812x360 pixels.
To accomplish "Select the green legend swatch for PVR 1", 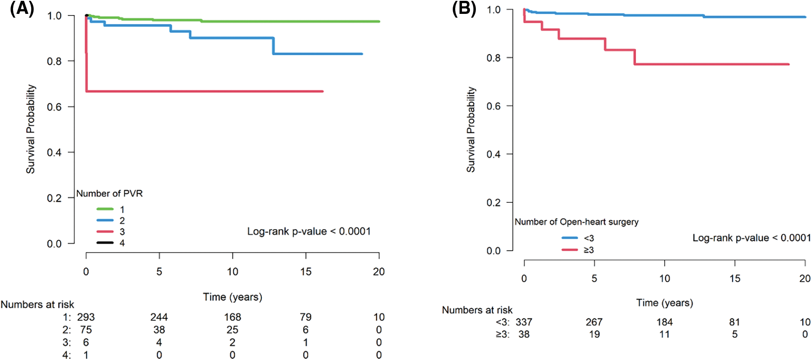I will tap(105, 209).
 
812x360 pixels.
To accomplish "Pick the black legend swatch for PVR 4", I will tap(105, 243).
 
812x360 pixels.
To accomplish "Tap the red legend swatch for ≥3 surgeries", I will tap(570, 250).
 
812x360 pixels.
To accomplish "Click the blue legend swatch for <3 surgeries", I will tap(570, 238).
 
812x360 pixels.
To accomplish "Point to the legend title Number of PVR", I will tap(109, 193).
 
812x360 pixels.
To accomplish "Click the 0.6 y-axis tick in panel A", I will tap(54, 107).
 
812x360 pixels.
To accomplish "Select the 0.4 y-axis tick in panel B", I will tap(494, 154).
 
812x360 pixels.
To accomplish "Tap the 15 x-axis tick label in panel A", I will tap(306, 272).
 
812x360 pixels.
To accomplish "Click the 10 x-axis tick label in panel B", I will tap(664, 278).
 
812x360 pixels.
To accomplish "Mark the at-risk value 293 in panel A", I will tap(86, 317).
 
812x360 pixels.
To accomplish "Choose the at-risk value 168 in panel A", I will tap(232, 317).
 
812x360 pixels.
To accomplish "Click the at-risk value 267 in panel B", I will tap(594, 322).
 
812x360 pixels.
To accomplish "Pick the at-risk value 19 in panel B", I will tap(594, 334).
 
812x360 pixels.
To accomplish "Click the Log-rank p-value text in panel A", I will tap(309, 231).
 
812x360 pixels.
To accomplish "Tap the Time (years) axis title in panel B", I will tap(664, 303).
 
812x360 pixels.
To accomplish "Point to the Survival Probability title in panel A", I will tap(31, 129).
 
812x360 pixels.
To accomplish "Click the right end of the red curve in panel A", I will tap(322, 91).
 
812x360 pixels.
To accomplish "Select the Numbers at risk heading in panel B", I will tap(477, 310).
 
